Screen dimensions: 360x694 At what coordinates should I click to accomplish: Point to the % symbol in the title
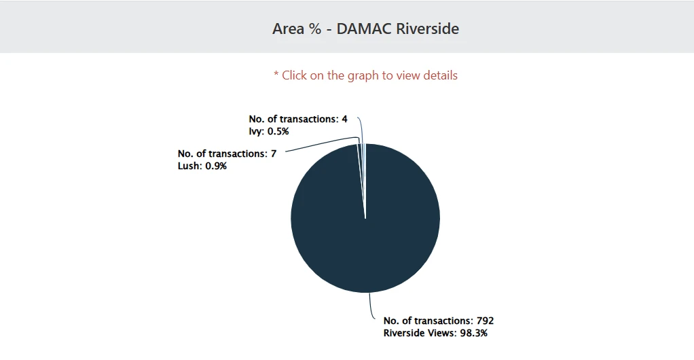(316, 29)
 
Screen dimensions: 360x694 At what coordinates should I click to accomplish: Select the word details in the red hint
(440, 75)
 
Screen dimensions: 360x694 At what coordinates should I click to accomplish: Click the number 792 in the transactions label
(494, 321)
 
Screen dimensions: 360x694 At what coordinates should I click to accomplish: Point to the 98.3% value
(474, 333)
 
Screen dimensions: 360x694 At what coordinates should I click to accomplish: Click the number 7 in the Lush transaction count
(274, 154)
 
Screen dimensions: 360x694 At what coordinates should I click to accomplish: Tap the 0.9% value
(216, 166)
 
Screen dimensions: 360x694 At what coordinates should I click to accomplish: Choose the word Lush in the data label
(189, 166)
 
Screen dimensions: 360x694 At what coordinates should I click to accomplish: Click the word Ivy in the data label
(256, 131)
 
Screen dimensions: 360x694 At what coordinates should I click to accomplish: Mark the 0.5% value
(278, 131)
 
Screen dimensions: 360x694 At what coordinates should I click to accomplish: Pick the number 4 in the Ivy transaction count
(344, 119)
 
